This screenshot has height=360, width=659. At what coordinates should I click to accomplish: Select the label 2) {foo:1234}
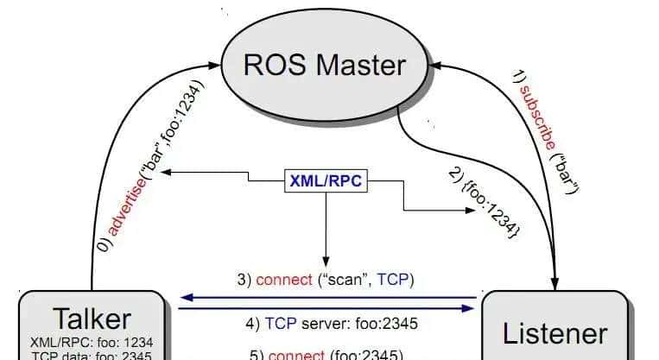tap(485, 201)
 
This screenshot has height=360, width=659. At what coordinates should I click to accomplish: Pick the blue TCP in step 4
tap(281, 325)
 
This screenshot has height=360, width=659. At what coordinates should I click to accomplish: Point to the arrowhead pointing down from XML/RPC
tap(326, 258)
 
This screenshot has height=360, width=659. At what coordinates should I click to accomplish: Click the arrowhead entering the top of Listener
tap(554, 284)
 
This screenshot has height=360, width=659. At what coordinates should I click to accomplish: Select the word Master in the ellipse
tap(366, 66)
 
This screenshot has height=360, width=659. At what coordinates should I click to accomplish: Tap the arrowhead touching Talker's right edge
tap(184, 298)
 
